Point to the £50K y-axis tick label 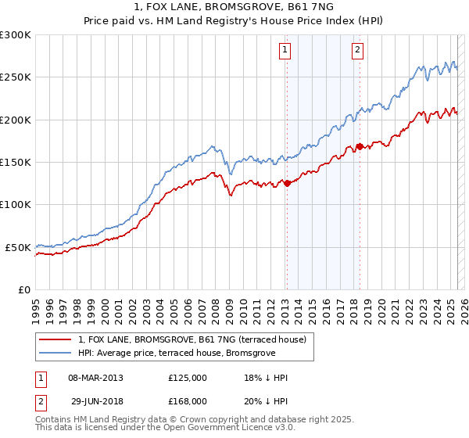point(18,247)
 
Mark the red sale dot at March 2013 point(287,184)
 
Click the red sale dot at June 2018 point(360,146)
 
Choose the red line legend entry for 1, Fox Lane point(195,339)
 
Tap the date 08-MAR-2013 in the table point(95,378)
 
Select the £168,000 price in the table point(188,400)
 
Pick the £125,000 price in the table point(188,378)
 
